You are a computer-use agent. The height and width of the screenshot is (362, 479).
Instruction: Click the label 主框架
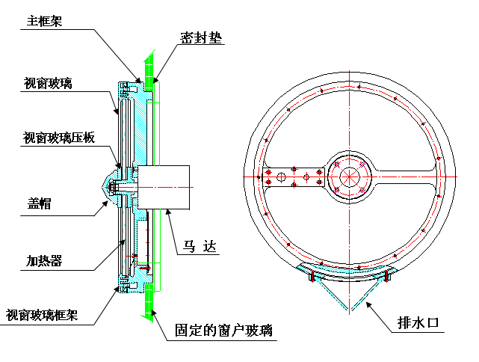pyautogui.click(x=44, y=22)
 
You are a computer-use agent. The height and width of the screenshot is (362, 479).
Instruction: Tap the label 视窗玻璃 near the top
pyautogui.click(x=47, y=83)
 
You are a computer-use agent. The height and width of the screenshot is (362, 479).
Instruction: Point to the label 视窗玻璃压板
pyautogui.click(x=58, y=138)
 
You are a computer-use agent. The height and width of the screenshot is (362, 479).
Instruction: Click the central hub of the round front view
pyautogui.click(x=350, y=176)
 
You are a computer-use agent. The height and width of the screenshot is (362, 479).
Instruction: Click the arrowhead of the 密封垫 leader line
pyautogui.click(x=155, y=77)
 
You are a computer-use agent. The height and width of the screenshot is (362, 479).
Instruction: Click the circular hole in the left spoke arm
pyautogui.click(x=282, y=177)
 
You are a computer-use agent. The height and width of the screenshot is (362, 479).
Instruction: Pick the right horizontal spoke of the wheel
pyautogui.click(x=404, y=176)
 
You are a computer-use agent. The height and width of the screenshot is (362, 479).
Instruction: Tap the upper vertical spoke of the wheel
pyautogui.click(x=350, y=112)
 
